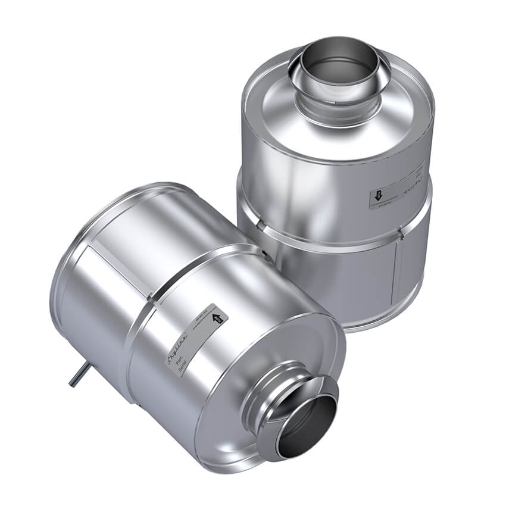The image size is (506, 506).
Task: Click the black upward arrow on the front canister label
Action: pyautogui.click(x=218, y=319)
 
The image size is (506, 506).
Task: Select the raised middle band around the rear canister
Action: pyautogui.click(x=333, y=235)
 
